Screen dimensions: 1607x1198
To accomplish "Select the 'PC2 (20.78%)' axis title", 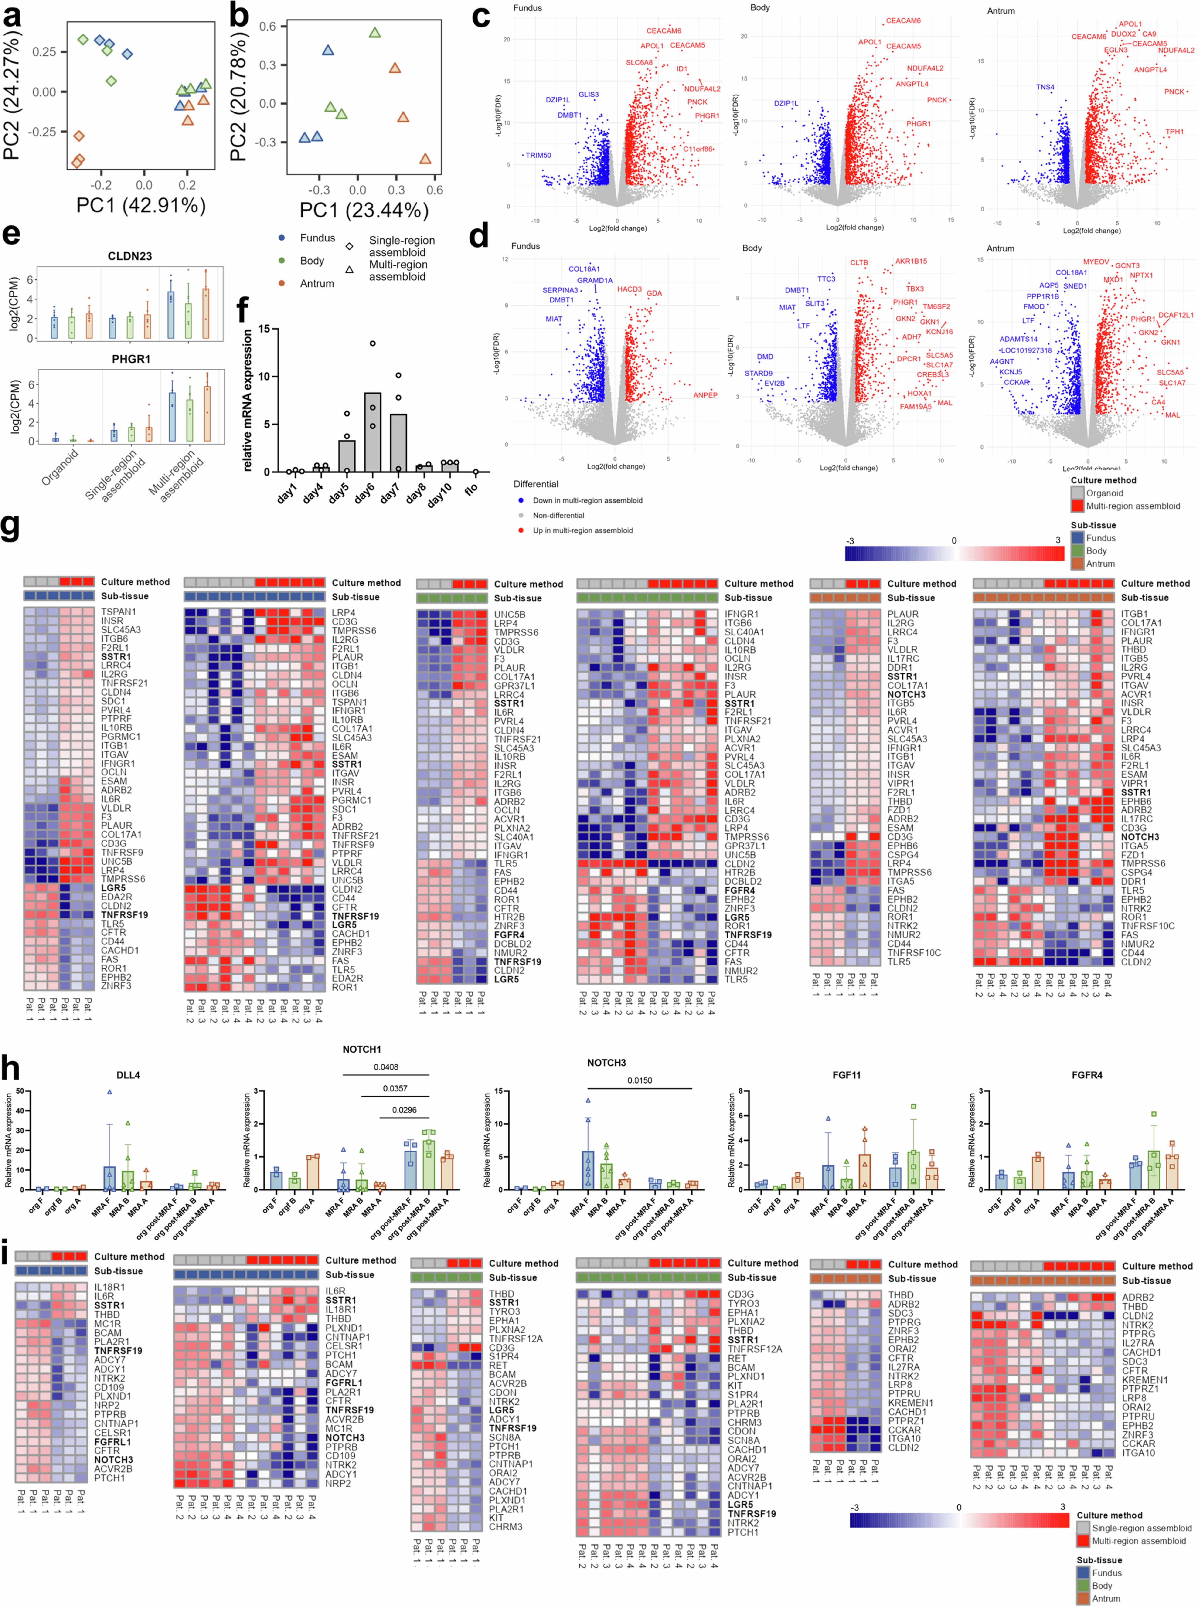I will coord(239,94).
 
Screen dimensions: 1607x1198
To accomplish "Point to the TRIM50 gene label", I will coord(538,155).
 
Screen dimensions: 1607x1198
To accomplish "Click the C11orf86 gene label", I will coord(698,149).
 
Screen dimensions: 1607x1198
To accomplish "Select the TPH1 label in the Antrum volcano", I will coord(1174,132).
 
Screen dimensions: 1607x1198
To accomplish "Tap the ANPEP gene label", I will coord(705,395).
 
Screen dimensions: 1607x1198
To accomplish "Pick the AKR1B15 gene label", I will coord(911,261).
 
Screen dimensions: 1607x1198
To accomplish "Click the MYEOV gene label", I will coord(1096,262).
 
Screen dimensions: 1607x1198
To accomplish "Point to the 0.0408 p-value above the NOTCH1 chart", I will coord(386,1067).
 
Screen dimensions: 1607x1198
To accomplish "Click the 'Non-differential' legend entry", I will coord(558,516).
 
